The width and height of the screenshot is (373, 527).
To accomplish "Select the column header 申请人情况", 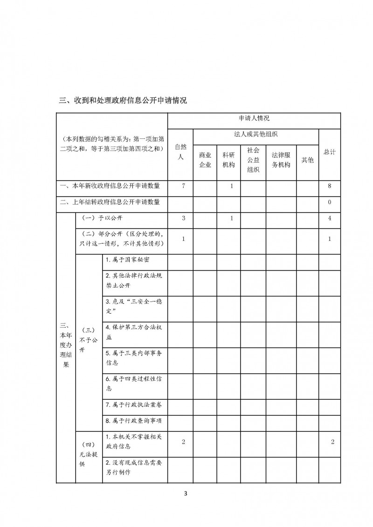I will click(254, 120).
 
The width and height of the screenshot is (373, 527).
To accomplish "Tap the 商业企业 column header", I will click(205, 160).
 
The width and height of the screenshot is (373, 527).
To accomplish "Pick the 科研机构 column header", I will click(228, 160).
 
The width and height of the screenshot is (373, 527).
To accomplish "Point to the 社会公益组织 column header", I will click(253, 160).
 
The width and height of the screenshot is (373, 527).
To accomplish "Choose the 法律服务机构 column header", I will click(281, 160).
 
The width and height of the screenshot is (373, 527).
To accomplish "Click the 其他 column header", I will click(307, 160).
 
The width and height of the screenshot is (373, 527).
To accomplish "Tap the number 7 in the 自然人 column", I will click(184, 186).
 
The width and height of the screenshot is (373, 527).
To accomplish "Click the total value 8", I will click(330, 186).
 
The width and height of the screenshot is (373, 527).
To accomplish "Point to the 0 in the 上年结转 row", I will click(330, 202).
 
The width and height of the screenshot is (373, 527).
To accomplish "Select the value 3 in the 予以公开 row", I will click(184, 219).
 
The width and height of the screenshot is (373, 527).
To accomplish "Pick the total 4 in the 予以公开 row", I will click(330, 219).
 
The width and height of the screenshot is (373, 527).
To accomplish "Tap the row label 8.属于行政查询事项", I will click(133, 420).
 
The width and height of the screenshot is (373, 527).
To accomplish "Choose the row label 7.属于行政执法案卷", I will click(133, 404).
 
